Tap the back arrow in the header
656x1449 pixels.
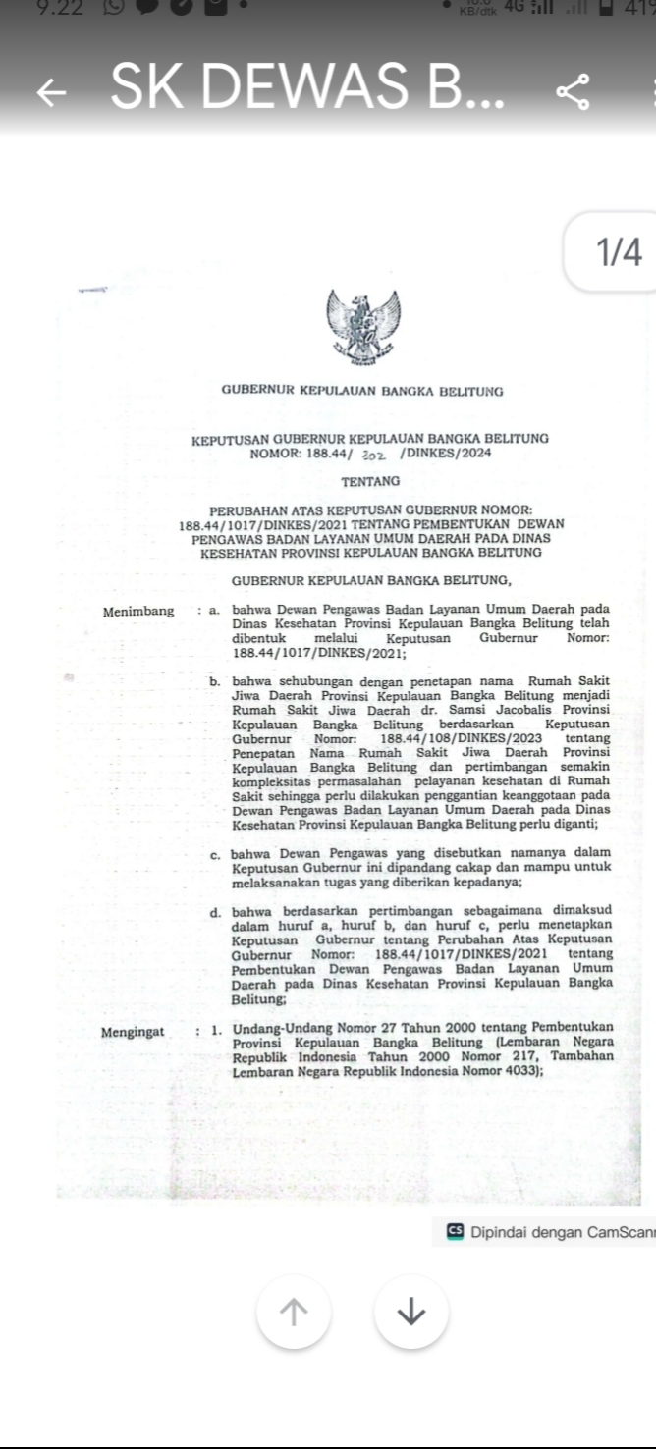pyautogui.click(x=52, y=92)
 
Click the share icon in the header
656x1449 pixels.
pyautogui.click(x=573, y=92)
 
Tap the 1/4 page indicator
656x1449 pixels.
pyautogui.click(x=619, y=253)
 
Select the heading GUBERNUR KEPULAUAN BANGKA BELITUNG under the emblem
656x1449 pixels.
pyautogui.click(x=362, y=391)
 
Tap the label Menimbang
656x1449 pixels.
pyautogui.click(x=138, y=611)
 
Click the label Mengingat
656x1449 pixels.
pyautogui.click(x=135, y=1032)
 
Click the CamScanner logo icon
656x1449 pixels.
pyautogui.click(x=455, y=1231)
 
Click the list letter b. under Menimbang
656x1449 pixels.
pyautogui.click(x=214, y=681)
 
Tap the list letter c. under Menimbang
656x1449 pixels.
pyautogui.click(x=216, y=854)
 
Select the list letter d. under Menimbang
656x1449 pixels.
pyautogui.click(x=215, y=912)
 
